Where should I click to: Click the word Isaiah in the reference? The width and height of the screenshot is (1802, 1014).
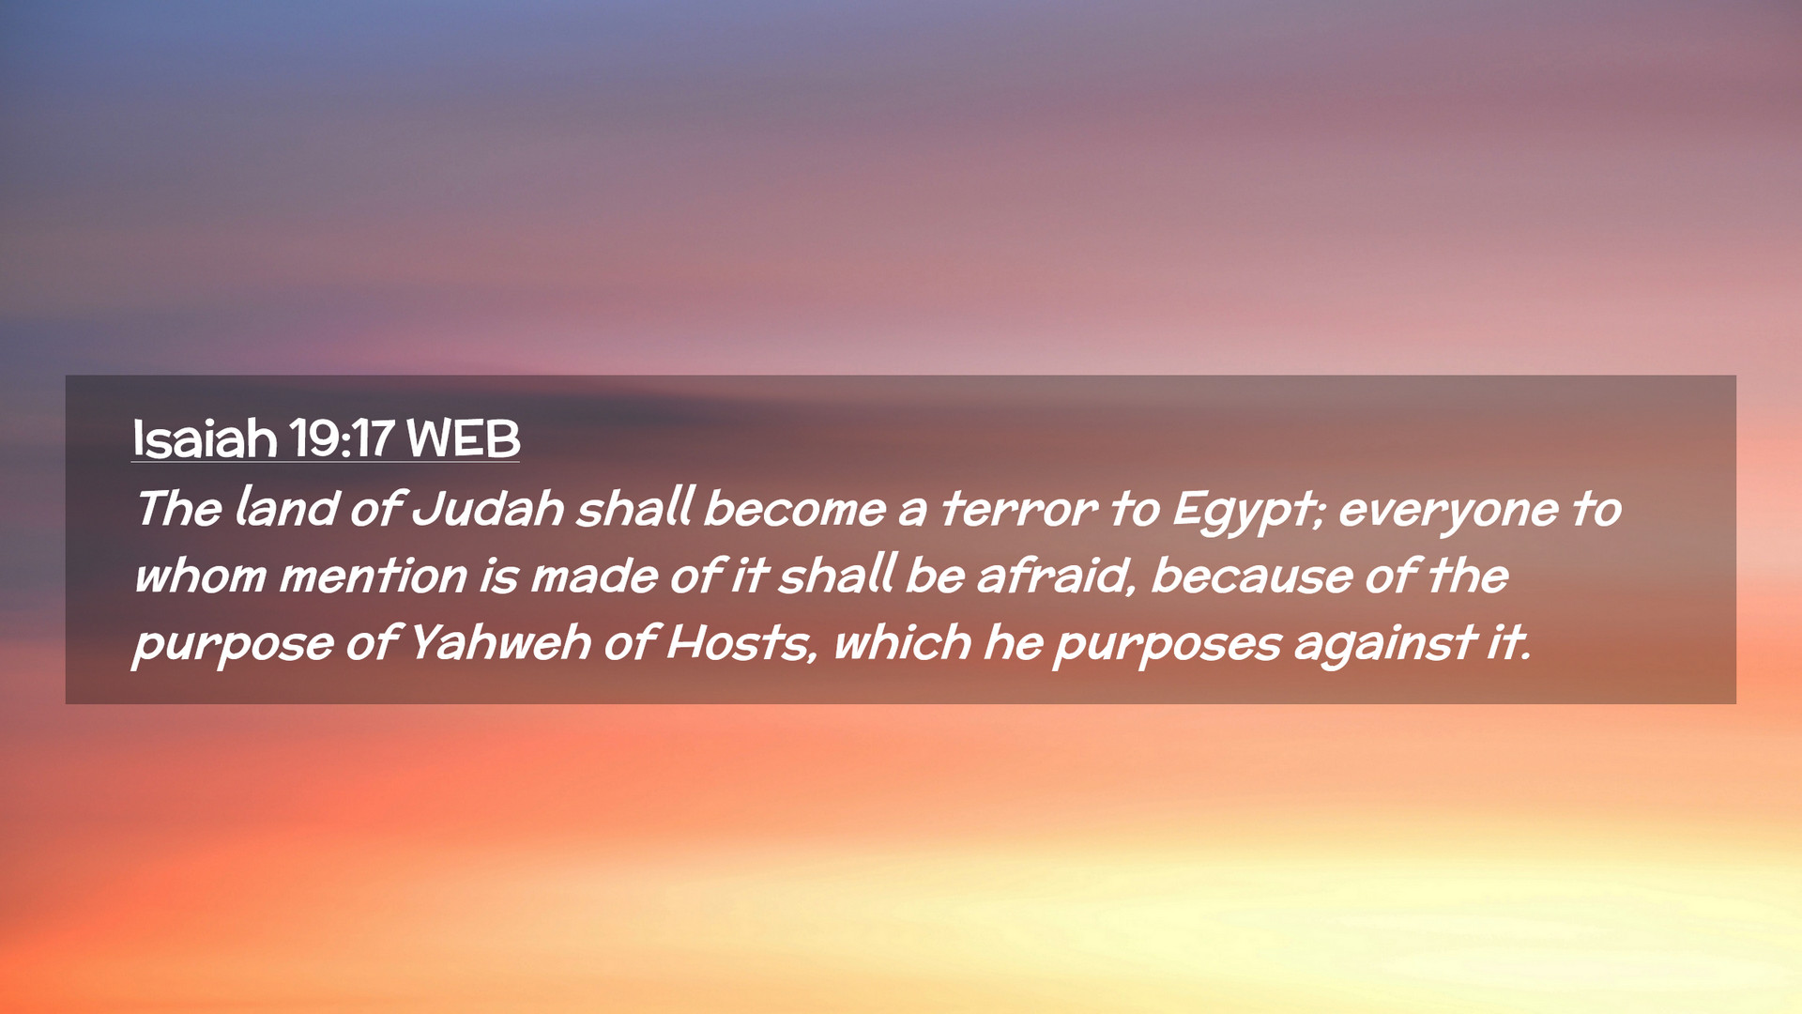[x=205, y=438]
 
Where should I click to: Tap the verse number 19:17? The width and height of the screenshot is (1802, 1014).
[x=342, y=438]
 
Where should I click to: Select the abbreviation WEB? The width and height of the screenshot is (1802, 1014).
[x=463, y=438]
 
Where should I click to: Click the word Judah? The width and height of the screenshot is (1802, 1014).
[x=488, y=508]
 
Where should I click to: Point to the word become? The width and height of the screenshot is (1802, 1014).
[x=794, y=508]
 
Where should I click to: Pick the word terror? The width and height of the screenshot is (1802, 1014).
[x=1019, y=509]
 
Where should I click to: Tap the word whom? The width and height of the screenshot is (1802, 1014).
[x=200, y=576]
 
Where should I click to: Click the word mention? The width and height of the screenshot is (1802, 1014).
[x=373, y=576]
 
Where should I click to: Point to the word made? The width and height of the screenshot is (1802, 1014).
[x=594, y=576]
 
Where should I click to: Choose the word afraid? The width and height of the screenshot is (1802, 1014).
[x=1057, y=576]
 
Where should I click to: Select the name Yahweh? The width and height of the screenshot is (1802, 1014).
[x=500, y=643]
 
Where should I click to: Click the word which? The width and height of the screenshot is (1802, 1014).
[x=902, y=643]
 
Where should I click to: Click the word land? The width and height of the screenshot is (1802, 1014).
[x=286, y=507]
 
